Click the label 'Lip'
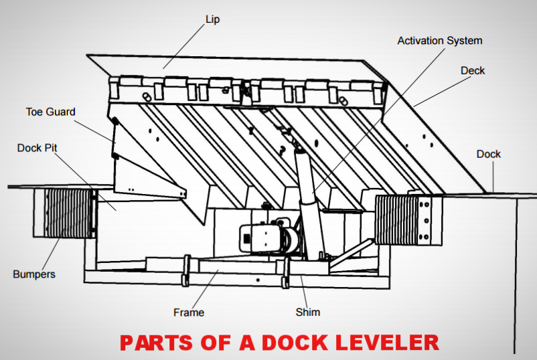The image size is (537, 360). pos(212,20)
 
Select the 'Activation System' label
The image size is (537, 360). pos(439,41)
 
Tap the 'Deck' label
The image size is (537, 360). pos(473,70)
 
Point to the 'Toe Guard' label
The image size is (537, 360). pos(51,112)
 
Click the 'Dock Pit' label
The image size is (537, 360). pos(39,147)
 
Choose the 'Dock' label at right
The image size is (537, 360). pos(489,154)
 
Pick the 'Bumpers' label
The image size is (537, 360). pos(34,274)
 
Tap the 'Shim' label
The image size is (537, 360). pos(308,312)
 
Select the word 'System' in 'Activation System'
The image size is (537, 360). pos(464,41)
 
